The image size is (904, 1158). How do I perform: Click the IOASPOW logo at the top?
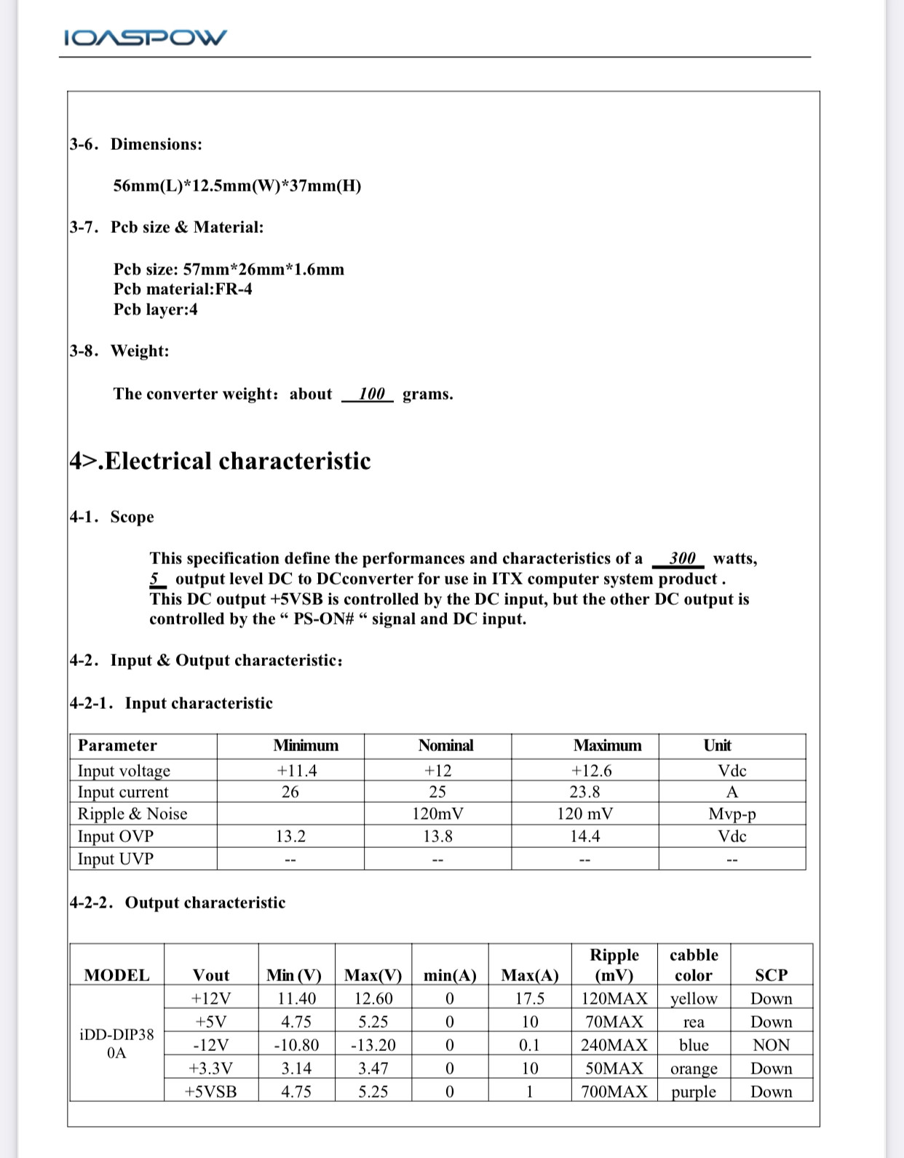(x=146, y=37)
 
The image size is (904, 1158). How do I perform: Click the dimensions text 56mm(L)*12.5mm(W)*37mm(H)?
(x=237, y=186)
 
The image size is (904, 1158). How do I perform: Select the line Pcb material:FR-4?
(x=183, y=289)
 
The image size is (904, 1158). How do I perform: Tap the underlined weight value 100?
(x=371, y=394)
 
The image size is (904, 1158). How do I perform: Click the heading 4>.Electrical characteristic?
(x=220, y=461)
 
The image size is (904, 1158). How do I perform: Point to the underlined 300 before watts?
(x=682, y=558)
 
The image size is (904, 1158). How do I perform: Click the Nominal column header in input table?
(x=445, y=745)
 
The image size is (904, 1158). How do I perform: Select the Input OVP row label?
(x=116, y=836)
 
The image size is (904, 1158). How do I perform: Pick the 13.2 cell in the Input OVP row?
(x=290, y=836)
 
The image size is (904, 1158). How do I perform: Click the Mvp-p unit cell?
(x=731, y=814)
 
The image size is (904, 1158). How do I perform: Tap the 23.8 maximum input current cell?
(x=584, y=792)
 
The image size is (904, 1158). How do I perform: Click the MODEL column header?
(x=116, y=975)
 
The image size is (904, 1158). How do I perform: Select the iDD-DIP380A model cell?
(x=116, y=1044)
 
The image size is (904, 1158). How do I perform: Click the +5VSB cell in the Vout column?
(x=210, y=1092)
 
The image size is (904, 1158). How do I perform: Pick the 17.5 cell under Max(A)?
(x=530, y=999)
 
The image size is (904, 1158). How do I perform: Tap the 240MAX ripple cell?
(x=614, y=1045)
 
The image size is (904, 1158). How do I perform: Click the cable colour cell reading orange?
(x=694, y=1068)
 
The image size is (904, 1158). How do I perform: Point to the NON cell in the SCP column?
(x=771, y=1045)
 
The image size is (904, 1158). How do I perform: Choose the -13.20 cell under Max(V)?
(x=373, y=1045)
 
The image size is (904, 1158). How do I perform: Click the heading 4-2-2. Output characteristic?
(x=178, y=903)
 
